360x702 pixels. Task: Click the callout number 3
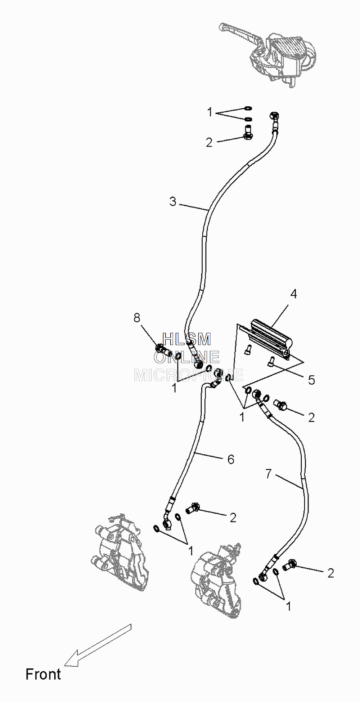coord(173,201)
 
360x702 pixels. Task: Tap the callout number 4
coord(294,294)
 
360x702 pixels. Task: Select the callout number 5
coord(311,380)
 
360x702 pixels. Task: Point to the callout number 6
coord(231,459)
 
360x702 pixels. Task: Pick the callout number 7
coord(269,474)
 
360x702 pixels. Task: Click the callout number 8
coord(137,318)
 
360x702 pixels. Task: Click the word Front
coord(43,674)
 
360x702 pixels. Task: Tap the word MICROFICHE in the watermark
coord(188,375)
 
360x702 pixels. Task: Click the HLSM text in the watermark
coord(186,339)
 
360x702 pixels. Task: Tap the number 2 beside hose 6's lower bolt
coord(233,518)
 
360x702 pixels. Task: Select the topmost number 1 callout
coord(210,112)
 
